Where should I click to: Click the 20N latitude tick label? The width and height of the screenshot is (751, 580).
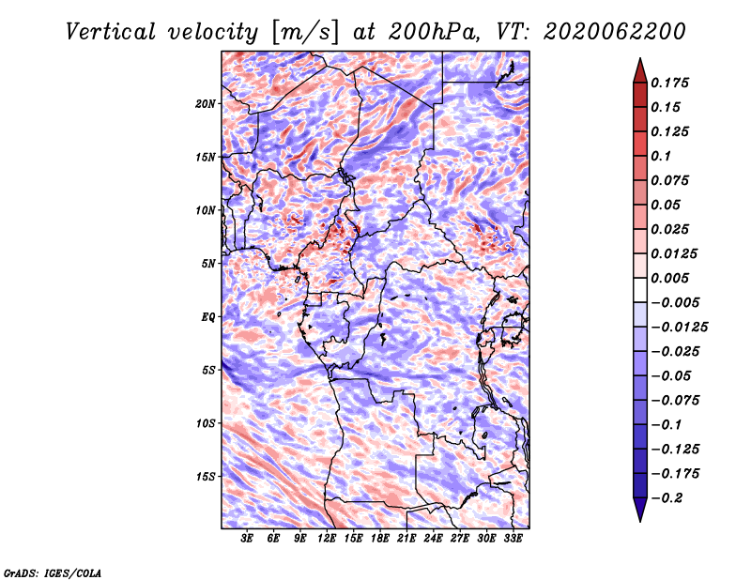click(x=206, y=104)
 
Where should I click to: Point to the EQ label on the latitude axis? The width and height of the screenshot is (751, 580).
click(x=208, y=317)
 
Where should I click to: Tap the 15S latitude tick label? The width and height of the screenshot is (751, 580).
click(x=206, y=477)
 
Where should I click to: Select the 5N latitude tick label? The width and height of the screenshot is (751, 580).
click(x=208, y=264)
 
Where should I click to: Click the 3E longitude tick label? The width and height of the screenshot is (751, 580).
click(x=247, y=538)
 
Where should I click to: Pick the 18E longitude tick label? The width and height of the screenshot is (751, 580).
click(x=380, y=538)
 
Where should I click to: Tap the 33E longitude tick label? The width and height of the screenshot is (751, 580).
click(x=513, y=538)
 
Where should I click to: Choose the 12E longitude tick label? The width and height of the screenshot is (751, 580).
click(x=327, y=538)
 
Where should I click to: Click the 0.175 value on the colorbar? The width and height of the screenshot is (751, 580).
click(x=669, y=83)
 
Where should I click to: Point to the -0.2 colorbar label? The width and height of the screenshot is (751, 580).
click(x=667, y=498)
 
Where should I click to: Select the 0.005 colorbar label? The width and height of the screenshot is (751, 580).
click(x=669, y=278)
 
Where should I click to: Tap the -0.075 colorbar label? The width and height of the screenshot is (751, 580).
click(x=675, y=401)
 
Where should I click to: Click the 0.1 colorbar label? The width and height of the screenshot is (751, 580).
click(x=661, y=156)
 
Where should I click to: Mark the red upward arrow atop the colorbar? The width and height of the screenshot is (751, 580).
click(x=640, y=71)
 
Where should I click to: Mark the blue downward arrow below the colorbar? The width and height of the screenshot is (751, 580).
click(x=640, y=510)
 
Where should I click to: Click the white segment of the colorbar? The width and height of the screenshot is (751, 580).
click(x=640, y=290)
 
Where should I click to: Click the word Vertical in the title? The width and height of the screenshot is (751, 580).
click(x=111, y=32)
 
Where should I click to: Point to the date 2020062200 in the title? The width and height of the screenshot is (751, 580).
click(x=615, y=32)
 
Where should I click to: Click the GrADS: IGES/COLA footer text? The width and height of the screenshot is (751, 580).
click(x=53, y=572)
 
